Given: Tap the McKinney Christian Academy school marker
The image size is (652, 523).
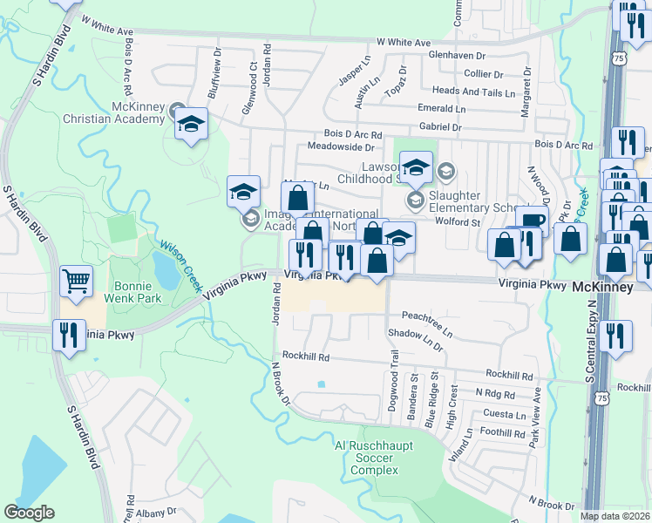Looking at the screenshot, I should [x=190, y=123].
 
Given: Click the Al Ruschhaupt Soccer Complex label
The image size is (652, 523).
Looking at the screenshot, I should [x=374, y=458].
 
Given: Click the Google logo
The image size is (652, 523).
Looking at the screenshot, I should [x=29, y=513].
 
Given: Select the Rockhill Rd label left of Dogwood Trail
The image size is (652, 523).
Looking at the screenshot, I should [x=310, y=357].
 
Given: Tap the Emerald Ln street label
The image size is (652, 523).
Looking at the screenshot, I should [x=441, y=109].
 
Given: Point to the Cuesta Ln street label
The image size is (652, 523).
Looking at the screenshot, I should [x=506, y=415].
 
